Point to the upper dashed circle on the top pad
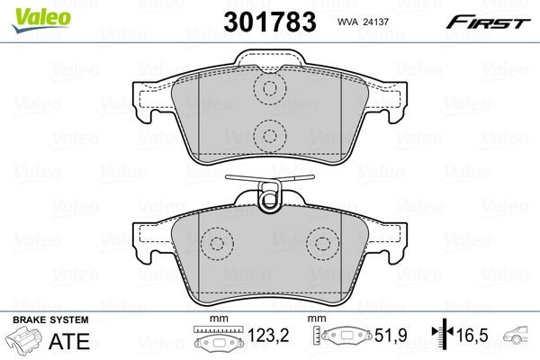[x=268, y=89]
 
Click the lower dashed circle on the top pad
[x=268, y=136]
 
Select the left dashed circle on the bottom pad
[x=214, y=243]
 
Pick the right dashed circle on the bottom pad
[x=322, y=243]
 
